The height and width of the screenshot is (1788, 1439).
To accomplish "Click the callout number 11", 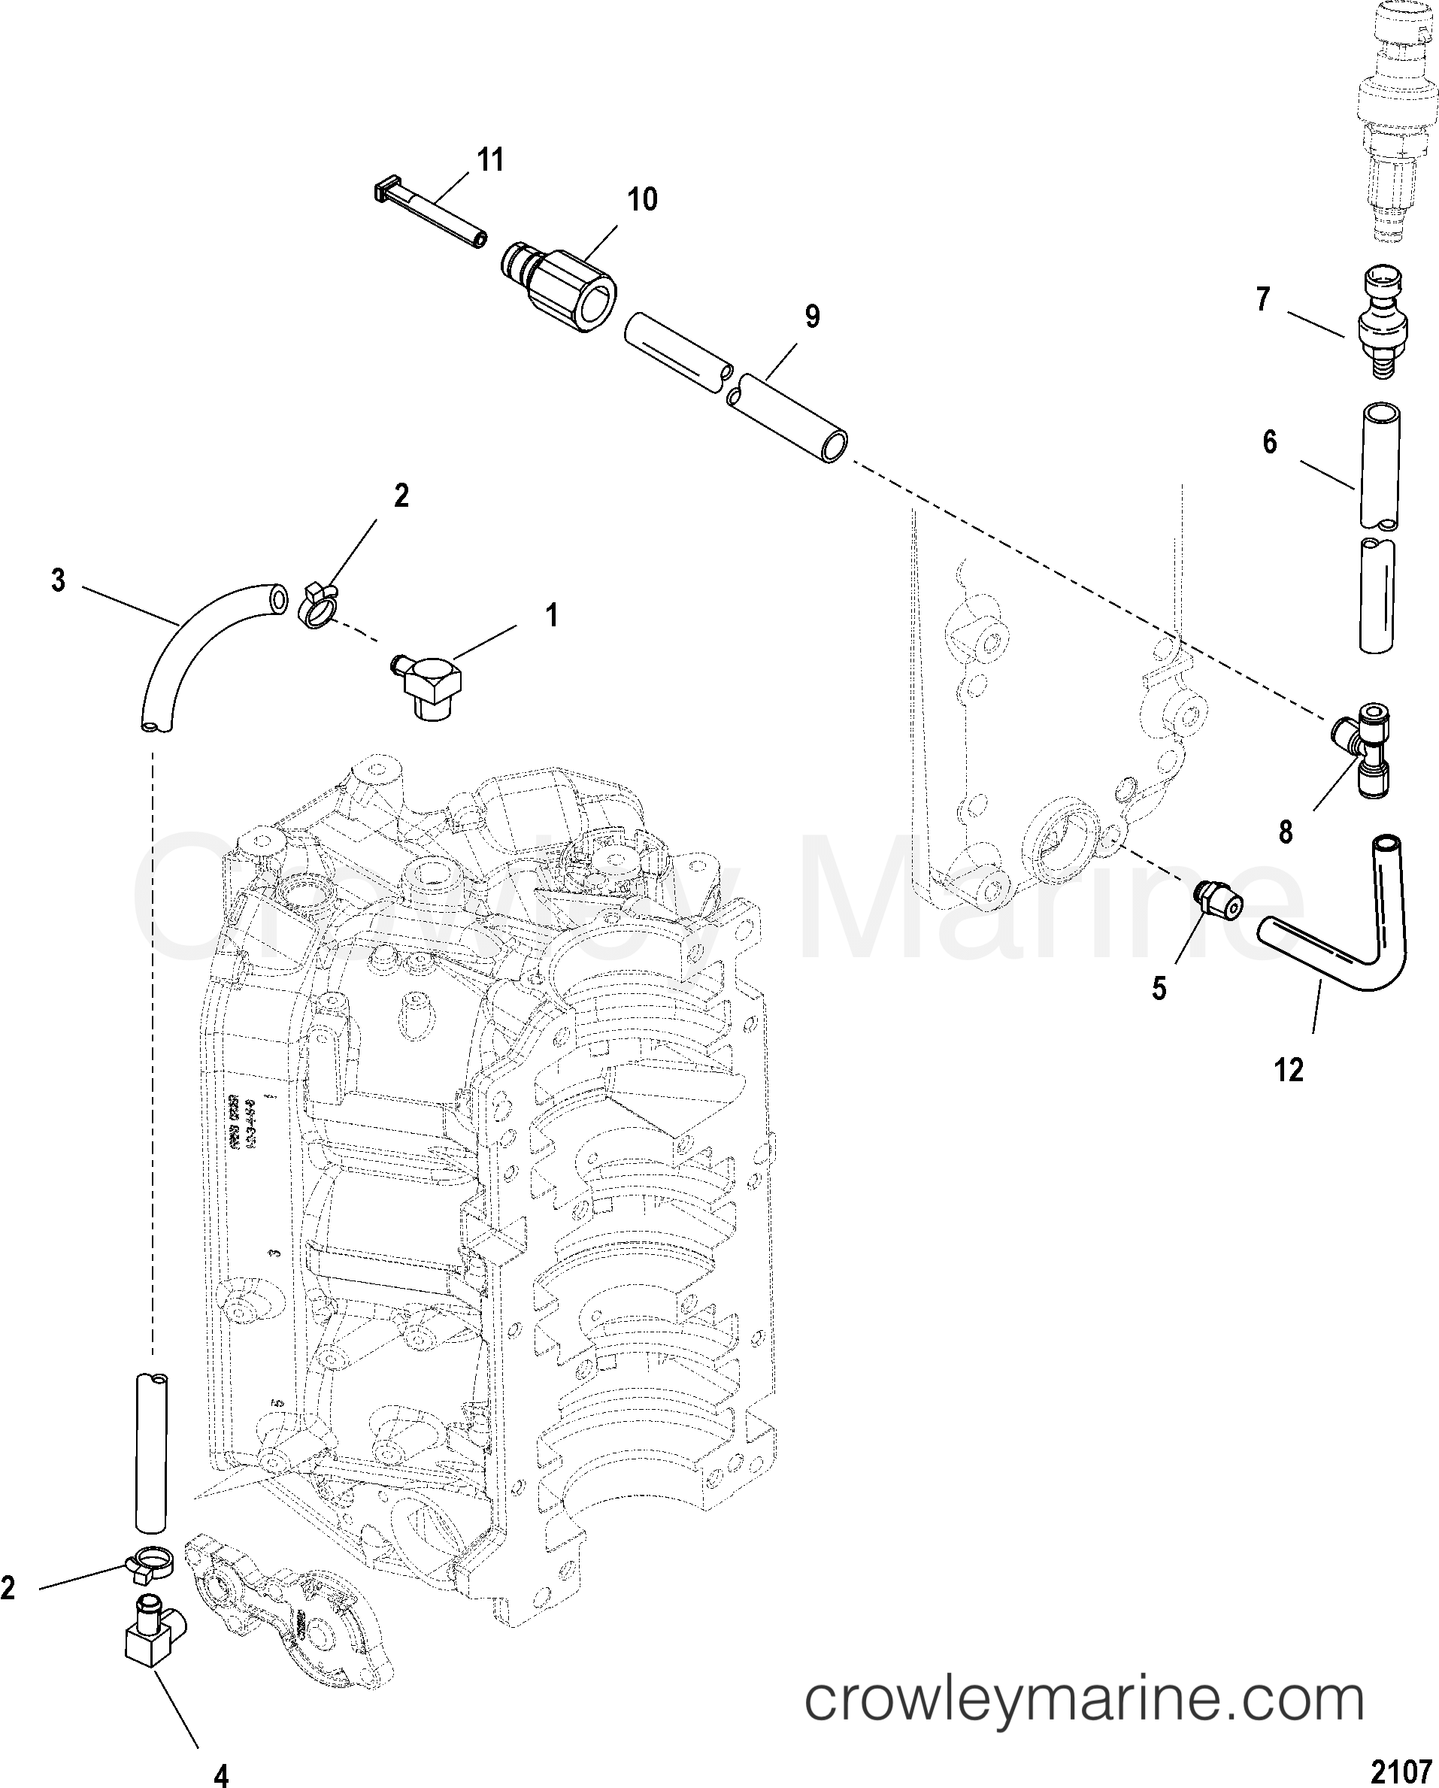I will [x=491, y=159].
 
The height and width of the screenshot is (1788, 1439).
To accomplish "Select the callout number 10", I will [x=642, y=199].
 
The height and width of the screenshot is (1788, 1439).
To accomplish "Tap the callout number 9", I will [x=812, y=316].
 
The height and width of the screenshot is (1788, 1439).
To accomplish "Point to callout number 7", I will [x=1263, y=299].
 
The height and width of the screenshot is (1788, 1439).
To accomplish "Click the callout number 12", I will [x=1289, y=1071].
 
